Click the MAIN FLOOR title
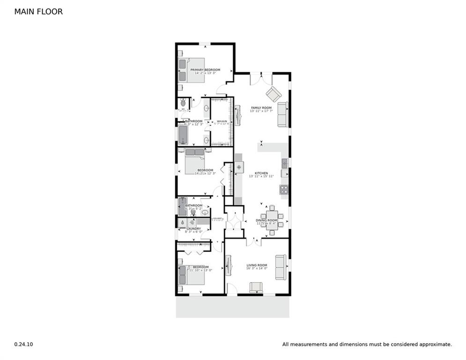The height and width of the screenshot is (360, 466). click(38, 12)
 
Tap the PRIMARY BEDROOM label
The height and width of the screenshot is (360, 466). click(205, 70)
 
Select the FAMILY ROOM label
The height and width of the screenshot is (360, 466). click(261, 108)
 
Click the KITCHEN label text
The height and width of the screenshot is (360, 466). click(261, 173)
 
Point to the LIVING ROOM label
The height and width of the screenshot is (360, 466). click(257, 265)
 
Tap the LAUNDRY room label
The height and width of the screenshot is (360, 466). click(193, 229)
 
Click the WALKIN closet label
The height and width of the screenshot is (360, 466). click(222, 121)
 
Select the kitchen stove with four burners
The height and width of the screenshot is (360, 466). click(284, 189)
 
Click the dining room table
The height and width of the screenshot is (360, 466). click(273, 217)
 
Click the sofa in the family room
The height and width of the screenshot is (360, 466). click(282, 114)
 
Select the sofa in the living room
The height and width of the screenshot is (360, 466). click(281, 267)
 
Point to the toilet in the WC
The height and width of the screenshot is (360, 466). click(183, 104)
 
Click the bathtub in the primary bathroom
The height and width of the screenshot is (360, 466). click(183, 135)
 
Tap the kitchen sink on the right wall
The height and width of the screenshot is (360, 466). click(284, 163)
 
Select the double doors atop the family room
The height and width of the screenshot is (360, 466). click(261, 78)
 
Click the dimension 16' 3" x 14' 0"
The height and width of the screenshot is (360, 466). click(257, 269)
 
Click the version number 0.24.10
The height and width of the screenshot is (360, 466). click(23, 344)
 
